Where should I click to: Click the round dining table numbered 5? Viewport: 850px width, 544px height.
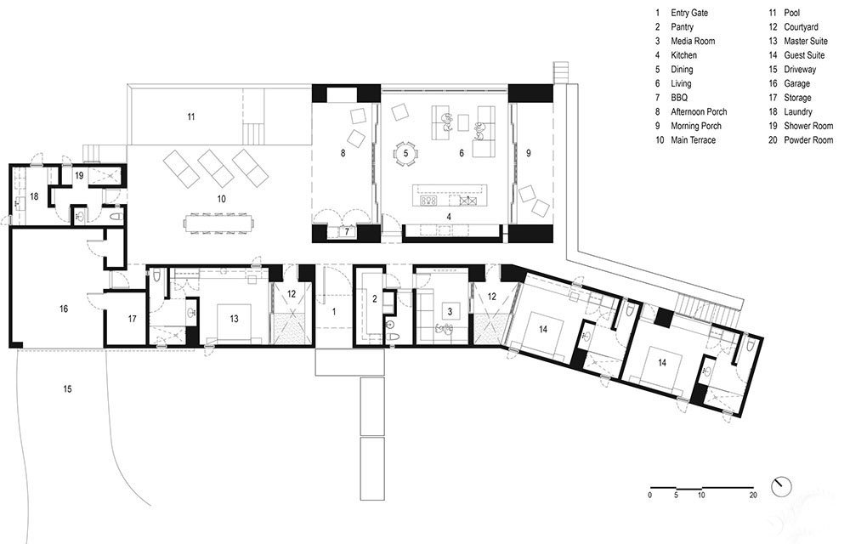[x=405, y=153]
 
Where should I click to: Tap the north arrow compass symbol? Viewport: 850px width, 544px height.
[x=781, y=485]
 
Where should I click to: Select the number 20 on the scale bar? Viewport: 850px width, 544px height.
[x=753, y=495]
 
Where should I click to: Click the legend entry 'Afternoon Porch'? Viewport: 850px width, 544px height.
[x=699, y=111]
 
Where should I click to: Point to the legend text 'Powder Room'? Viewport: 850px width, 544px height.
[x=808, y=139]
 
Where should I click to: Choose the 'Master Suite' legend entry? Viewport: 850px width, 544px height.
[x=806, y=41]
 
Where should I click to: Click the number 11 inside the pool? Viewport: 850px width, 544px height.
[x=190, y=116]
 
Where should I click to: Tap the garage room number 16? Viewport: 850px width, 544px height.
[x=64, y=309]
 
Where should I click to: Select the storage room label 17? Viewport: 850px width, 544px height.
[x=133, y=319]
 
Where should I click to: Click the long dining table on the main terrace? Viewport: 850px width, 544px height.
[x=219, y=224]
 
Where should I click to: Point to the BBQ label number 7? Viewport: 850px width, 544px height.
[x=347, y=232]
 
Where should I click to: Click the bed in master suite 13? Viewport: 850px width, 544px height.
[x=235, y=323]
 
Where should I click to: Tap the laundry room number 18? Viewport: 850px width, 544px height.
[x=34, y=196]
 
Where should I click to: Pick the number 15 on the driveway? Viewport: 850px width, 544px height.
[x=67, y=388]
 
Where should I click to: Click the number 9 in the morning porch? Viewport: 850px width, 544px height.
[x=529, y=153]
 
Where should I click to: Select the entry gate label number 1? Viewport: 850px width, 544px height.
[x=334, y=312]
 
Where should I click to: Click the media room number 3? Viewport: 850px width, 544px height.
[x=450, y=312]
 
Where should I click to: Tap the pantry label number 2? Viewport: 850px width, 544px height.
[x=374, y=298]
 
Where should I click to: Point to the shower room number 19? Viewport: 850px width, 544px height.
[x=79, y=176]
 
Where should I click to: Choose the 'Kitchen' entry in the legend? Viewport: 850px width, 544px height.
[x=683, y=55]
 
